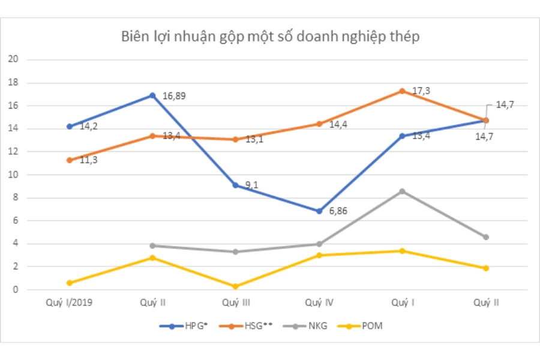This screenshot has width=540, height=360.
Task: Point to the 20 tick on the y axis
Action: point(14,59)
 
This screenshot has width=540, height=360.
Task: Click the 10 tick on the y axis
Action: point(14,175)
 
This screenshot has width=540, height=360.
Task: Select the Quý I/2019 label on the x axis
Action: point(69,302)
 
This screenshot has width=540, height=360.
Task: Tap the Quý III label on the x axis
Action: point(236,302)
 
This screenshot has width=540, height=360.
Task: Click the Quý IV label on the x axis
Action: point(319,302)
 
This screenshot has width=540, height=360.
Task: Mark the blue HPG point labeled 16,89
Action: point(152,95)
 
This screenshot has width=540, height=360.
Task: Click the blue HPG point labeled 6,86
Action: point(319,211)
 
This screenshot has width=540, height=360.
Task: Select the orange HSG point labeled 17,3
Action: point(403,91)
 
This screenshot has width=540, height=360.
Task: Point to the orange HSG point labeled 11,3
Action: point(70,160)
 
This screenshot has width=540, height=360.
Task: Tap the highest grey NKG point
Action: point(403,191)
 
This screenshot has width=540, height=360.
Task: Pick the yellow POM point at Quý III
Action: point(236,287)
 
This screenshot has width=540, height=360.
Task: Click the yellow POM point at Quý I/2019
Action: point(70,283)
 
